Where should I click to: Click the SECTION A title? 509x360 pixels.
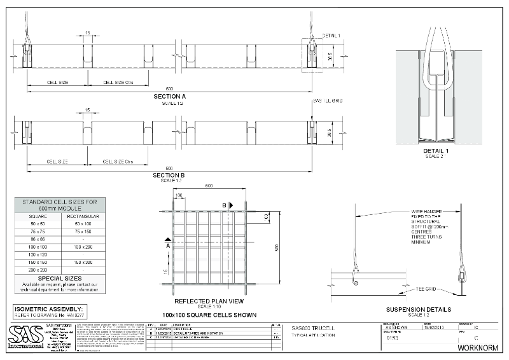pos(169,96)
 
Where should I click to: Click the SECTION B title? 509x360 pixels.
pos(169,175)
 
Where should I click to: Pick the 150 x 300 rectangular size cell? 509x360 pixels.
pos(83,261)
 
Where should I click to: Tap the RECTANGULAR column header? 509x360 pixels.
pos(83,216)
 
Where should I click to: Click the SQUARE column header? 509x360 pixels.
pos(38,216)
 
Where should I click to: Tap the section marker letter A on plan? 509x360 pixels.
pos(167,244)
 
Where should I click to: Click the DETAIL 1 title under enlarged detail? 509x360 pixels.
pos(436,151)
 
